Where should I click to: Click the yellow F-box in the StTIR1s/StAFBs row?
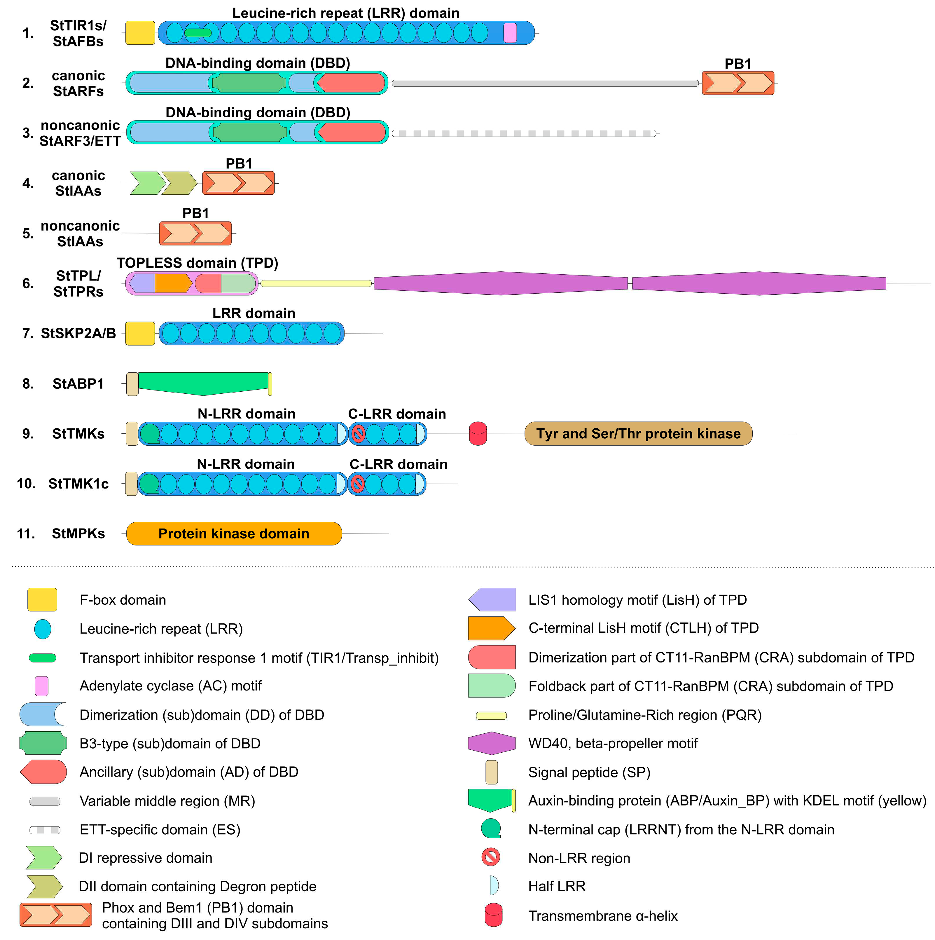[x=140, y=33]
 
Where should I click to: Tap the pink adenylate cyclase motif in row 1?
[x=510, y=33]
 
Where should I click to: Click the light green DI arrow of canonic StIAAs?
[x=147, y=183]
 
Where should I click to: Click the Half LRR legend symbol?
[x=494, y=885]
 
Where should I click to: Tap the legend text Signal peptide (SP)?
[x=589, y=772]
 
